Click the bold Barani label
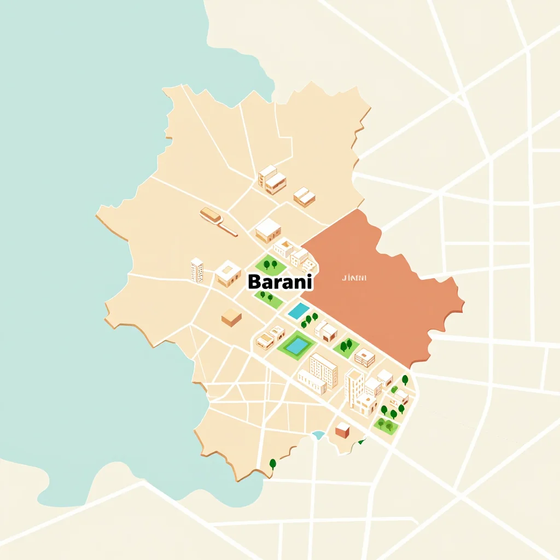point(280,282)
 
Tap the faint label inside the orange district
point(354,278)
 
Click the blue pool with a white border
point(299,311)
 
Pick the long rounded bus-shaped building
point(212,215)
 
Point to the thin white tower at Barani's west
point(197,270)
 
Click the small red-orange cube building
point(343,430)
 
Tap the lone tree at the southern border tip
point(273,464)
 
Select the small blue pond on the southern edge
point(318,435)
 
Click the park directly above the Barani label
point(271,265)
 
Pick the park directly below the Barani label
point(268,298)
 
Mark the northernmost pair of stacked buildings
point(272,179)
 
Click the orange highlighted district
point(383,290)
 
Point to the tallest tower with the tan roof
point(354,388)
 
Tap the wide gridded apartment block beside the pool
point(323,370)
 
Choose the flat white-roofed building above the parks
point(268,230)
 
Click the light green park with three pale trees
point(386,425)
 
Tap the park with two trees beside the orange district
point(346,347)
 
